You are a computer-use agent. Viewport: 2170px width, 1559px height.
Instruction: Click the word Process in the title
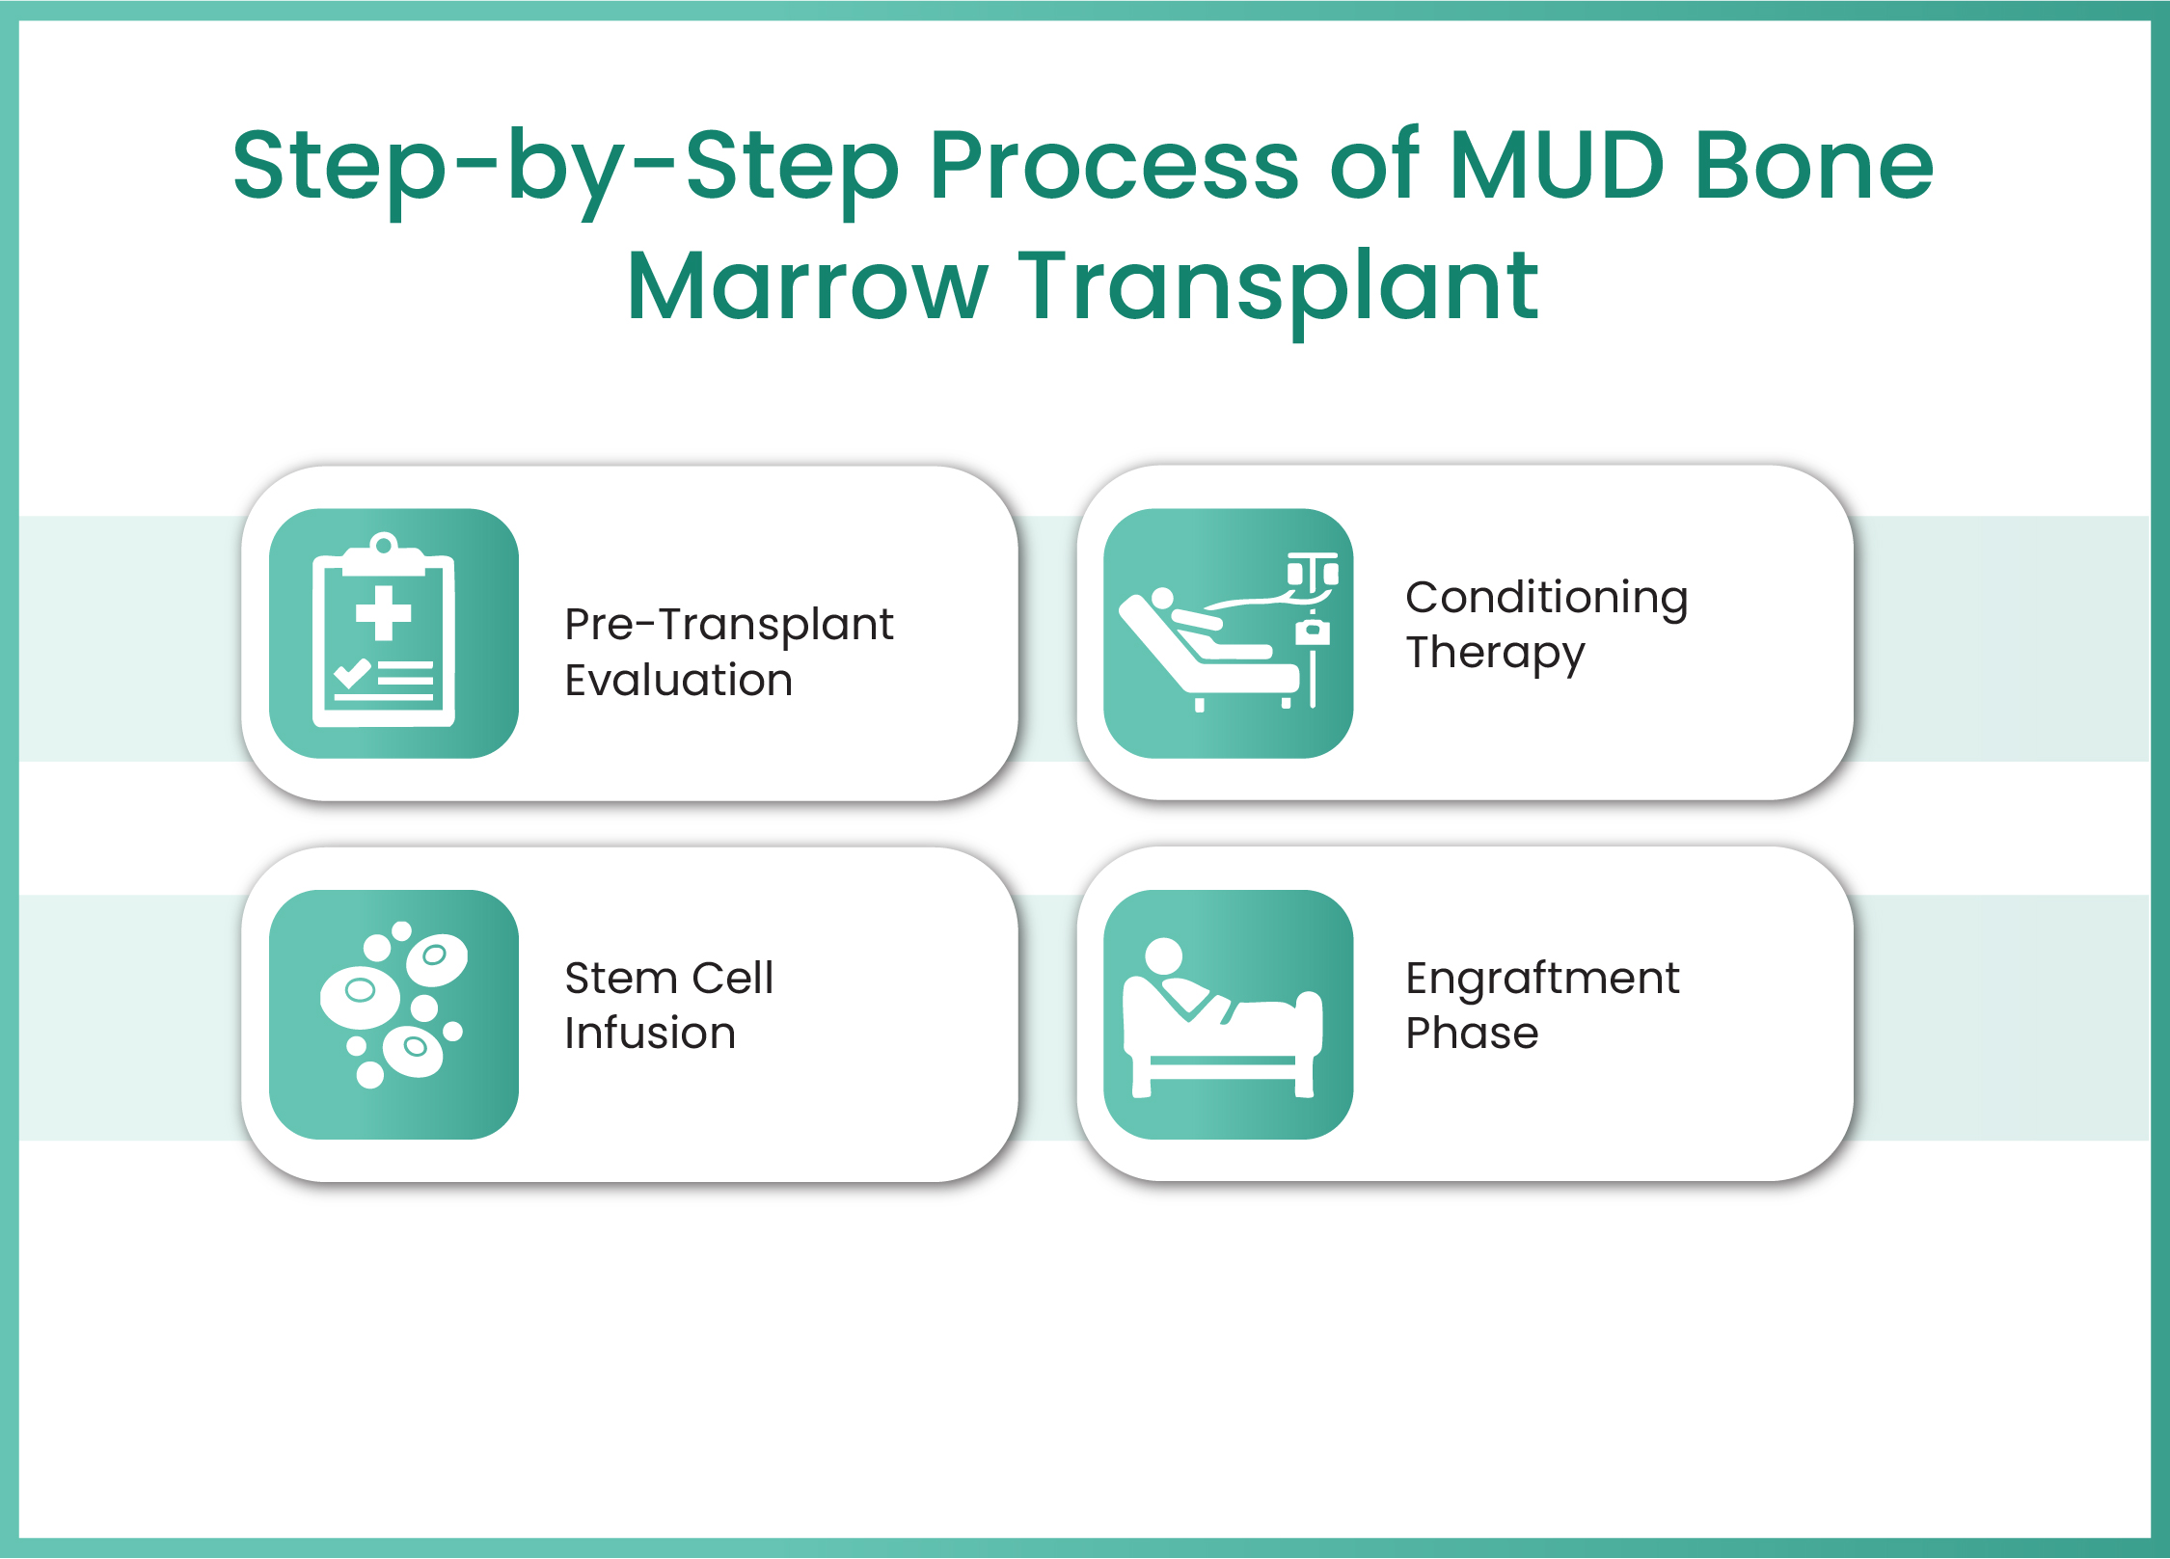coord(1114,167)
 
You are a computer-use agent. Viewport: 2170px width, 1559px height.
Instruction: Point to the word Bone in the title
coord(1814,167)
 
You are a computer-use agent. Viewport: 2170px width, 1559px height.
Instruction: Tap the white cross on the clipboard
coord(384,613)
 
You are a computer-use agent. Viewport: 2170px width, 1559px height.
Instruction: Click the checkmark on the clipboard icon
coord(352,672)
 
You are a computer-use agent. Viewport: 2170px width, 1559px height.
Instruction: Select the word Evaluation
coord(678,681)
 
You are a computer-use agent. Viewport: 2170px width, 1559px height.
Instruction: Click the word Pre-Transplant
coord(728,625)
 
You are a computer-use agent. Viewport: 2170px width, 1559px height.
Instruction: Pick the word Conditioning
coord(1546,598)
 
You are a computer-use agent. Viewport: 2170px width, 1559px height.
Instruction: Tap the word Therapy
coord(1495,654)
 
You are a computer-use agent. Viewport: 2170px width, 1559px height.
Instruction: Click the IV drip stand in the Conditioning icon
coord(1313,627)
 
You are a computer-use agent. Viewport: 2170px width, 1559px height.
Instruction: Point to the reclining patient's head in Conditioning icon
coord(1162,598)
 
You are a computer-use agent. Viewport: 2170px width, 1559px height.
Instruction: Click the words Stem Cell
coord(668,979)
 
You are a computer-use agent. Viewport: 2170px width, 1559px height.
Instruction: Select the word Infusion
coord(650,1034)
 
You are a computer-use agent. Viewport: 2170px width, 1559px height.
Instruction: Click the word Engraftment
coord(1542,979)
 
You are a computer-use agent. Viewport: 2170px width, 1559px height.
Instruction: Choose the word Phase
coord(1472,1034)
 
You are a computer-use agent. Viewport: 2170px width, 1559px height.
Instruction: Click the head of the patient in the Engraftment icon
coord(1163,955)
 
